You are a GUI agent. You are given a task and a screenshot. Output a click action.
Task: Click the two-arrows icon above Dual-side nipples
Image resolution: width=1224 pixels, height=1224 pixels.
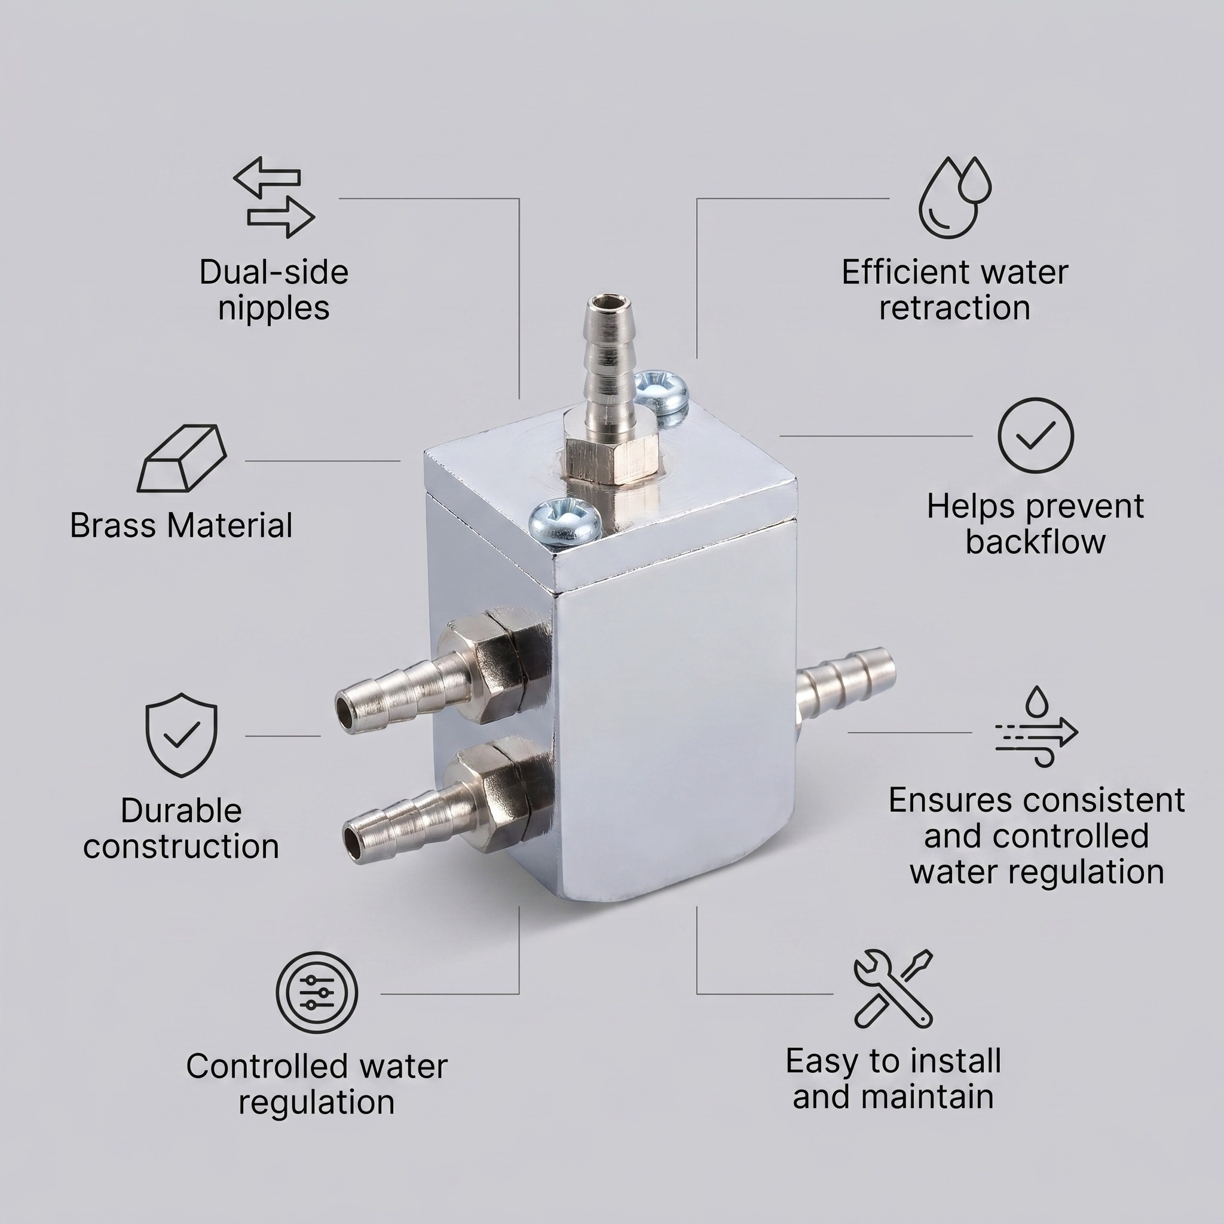(x=274, y=198)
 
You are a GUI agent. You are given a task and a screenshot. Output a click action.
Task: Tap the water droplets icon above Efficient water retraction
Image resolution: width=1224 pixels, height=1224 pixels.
(x=954, y=198)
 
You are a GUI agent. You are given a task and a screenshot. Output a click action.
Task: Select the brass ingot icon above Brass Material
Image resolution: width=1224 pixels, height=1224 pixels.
(x=182, y=458)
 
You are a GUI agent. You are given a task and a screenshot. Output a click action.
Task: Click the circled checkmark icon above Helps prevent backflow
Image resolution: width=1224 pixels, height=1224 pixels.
(x=1035, y=435)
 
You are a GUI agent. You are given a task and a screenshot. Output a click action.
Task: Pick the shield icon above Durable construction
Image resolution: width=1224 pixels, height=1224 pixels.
(x=181, y=735)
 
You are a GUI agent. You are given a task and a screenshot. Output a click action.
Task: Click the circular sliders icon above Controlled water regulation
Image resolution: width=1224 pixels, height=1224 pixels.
(x=317, y=993)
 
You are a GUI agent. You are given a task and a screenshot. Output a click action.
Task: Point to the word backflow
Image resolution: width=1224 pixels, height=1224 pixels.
(x=1035, y=541)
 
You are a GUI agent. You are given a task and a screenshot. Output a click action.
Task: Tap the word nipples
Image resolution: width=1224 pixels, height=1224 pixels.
(x=274, y=308)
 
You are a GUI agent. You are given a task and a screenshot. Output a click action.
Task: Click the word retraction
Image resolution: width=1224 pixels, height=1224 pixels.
(x=954, y=308)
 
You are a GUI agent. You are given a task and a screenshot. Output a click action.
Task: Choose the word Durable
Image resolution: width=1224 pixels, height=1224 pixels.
(x=181, y=811)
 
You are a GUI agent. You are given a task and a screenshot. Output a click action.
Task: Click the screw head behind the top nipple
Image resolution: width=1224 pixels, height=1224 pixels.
(x=661, y=391)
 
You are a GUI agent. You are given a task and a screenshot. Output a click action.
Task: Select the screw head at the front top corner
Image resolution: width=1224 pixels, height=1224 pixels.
(x=564, y=521)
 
